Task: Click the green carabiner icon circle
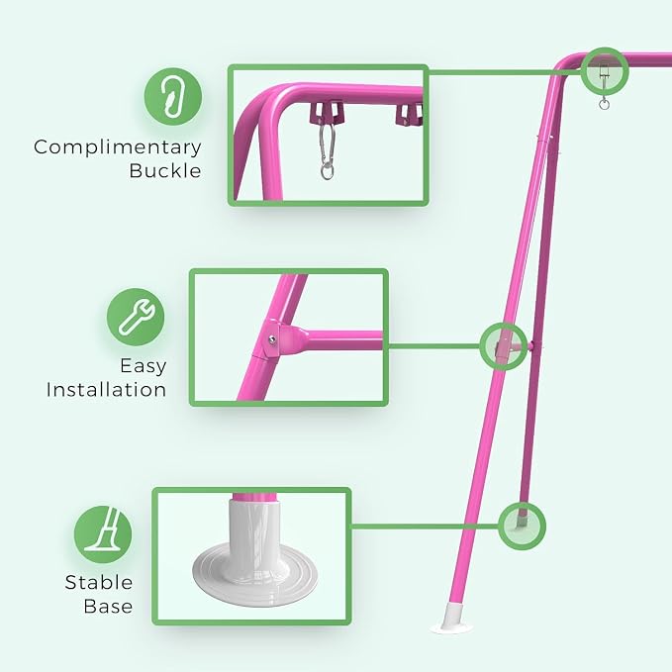(x=173, y=96)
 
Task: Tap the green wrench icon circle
(x=136, y=317)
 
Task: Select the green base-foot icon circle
(x=103, y=534)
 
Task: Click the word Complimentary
(x=118, y=147)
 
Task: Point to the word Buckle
(x=165, y=170)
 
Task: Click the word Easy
(x=144, y=366)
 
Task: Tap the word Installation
(x=106, y=390)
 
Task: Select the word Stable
(x=99, y=582)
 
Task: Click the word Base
(x=108, y=606)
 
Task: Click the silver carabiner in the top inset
(x=327, y=143)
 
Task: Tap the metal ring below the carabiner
(x=327, y=172)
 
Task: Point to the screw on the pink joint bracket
(x=272, y=339)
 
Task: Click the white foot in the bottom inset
(x=255, y=553)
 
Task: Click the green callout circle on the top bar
(x=605, y=70)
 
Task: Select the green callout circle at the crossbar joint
(x=504, y=346)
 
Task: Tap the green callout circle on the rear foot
(x=523, y=527)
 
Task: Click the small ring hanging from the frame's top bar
(x=604, y=104)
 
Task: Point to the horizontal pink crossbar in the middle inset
(x=338, y=339)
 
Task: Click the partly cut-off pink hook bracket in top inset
(x=410, y=115)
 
